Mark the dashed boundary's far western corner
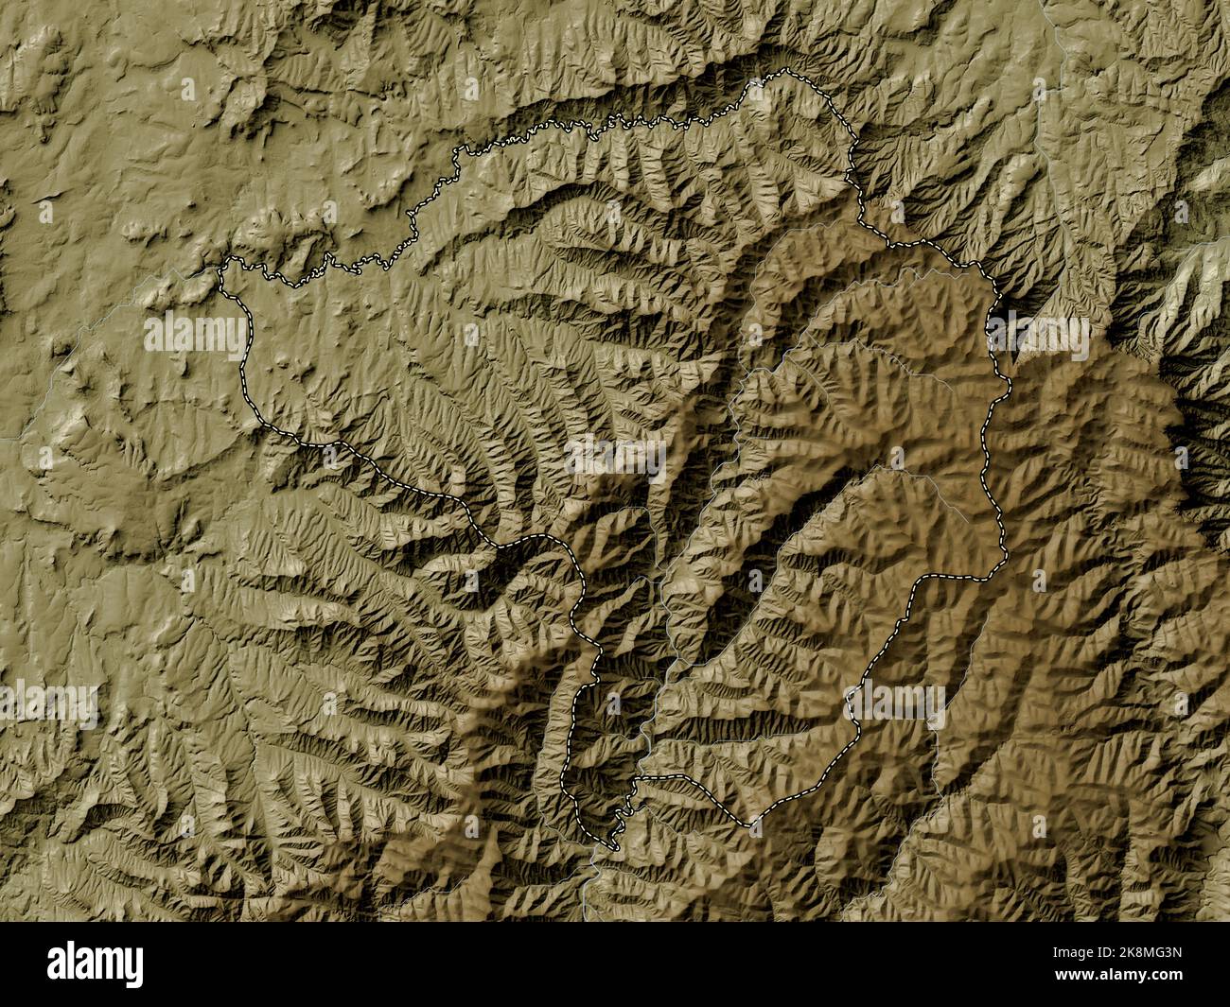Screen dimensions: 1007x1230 click(221, 268)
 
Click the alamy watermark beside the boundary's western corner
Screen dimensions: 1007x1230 click(194, 337)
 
